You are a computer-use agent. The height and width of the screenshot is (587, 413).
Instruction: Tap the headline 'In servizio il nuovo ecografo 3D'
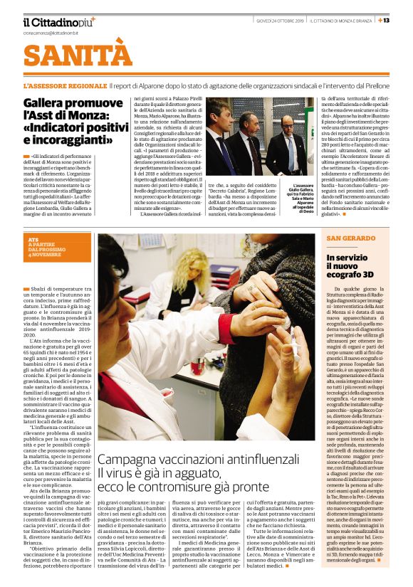pyautogui.click(x=350, y=266)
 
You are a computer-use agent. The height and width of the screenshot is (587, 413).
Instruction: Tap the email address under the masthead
pyautogui.click(x=48, y=33)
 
